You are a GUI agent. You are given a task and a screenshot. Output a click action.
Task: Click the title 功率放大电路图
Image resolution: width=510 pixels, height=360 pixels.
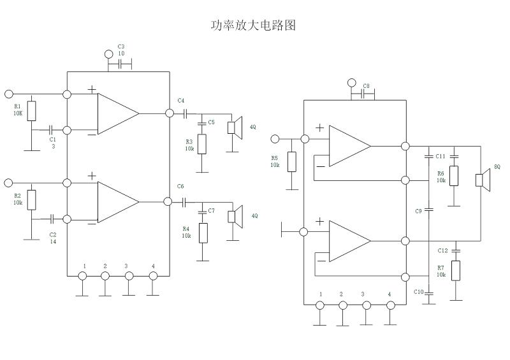tap(253, 25)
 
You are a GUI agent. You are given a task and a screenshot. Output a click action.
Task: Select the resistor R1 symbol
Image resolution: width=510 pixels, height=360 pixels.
tap(32, 111)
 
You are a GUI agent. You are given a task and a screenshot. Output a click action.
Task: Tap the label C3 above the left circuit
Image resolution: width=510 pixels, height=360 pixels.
tap(121, 47)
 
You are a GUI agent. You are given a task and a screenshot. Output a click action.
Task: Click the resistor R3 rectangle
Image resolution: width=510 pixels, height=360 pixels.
tap(202, 144)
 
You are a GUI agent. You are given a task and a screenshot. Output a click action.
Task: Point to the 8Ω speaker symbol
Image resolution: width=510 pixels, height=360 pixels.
tap(483, 180)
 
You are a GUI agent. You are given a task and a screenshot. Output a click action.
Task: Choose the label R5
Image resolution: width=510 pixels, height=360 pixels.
tap(275, 157)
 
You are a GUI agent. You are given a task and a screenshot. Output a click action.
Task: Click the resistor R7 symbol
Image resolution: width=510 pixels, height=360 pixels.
tap(456, 270)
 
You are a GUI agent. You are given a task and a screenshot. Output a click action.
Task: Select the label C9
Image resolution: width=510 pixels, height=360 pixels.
tap(418, 210)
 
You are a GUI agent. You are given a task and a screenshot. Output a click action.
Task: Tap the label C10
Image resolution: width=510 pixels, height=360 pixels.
tap(418, 292)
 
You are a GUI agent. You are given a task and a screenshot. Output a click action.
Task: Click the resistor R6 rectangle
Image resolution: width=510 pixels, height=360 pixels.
tap(454, 175)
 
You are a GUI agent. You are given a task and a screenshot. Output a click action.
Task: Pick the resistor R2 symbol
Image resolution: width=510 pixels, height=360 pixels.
tap(32, 200)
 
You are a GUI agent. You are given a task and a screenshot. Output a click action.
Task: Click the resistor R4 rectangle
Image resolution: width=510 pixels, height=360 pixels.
tap(202, 233)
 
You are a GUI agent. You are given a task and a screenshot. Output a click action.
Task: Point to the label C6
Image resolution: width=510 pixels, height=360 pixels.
tap(181, 186)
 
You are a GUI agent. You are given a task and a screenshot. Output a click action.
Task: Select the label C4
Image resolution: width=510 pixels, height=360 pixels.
tap(181, 101)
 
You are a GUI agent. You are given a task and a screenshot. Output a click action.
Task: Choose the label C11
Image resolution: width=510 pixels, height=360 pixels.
tap(440, 156)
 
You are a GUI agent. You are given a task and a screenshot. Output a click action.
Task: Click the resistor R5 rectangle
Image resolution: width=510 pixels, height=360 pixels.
tap(292, 162)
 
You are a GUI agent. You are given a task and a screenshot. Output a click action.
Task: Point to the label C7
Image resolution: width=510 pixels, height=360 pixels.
tap(212, 210)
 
